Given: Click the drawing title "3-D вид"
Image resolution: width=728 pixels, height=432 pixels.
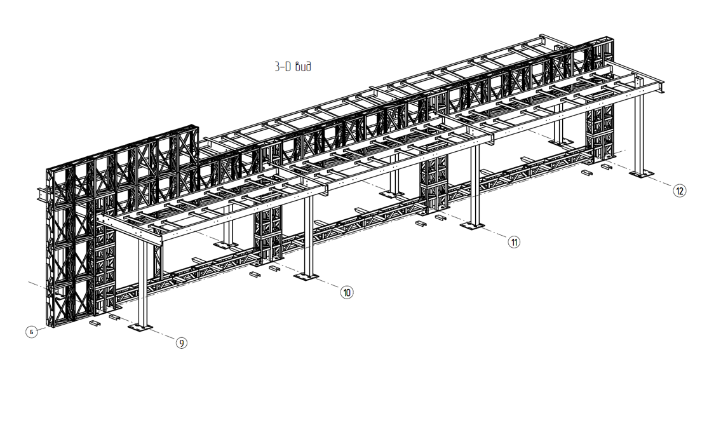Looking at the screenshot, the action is coord(292,67).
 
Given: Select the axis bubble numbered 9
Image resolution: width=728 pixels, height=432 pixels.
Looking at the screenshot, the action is coord(182,343).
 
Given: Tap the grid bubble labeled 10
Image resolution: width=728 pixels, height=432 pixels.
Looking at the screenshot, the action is coord(347,293).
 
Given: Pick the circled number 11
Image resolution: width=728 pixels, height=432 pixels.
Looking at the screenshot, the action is coord(514,242).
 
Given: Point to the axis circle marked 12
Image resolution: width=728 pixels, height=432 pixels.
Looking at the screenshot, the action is coord(680,191).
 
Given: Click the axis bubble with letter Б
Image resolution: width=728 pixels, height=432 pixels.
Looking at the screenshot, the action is coord(32,332).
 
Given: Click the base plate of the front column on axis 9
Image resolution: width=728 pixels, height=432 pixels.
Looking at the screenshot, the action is coord(140,327).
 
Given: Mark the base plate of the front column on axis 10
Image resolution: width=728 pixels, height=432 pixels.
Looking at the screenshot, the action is coord(306,276).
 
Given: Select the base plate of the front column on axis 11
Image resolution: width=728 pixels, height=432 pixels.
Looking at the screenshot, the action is coord(472,226).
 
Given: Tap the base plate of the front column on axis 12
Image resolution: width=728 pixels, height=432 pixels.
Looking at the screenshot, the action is coord(642,173).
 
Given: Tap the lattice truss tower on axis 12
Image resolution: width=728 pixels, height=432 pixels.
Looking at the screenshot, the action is coord(600,132).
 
